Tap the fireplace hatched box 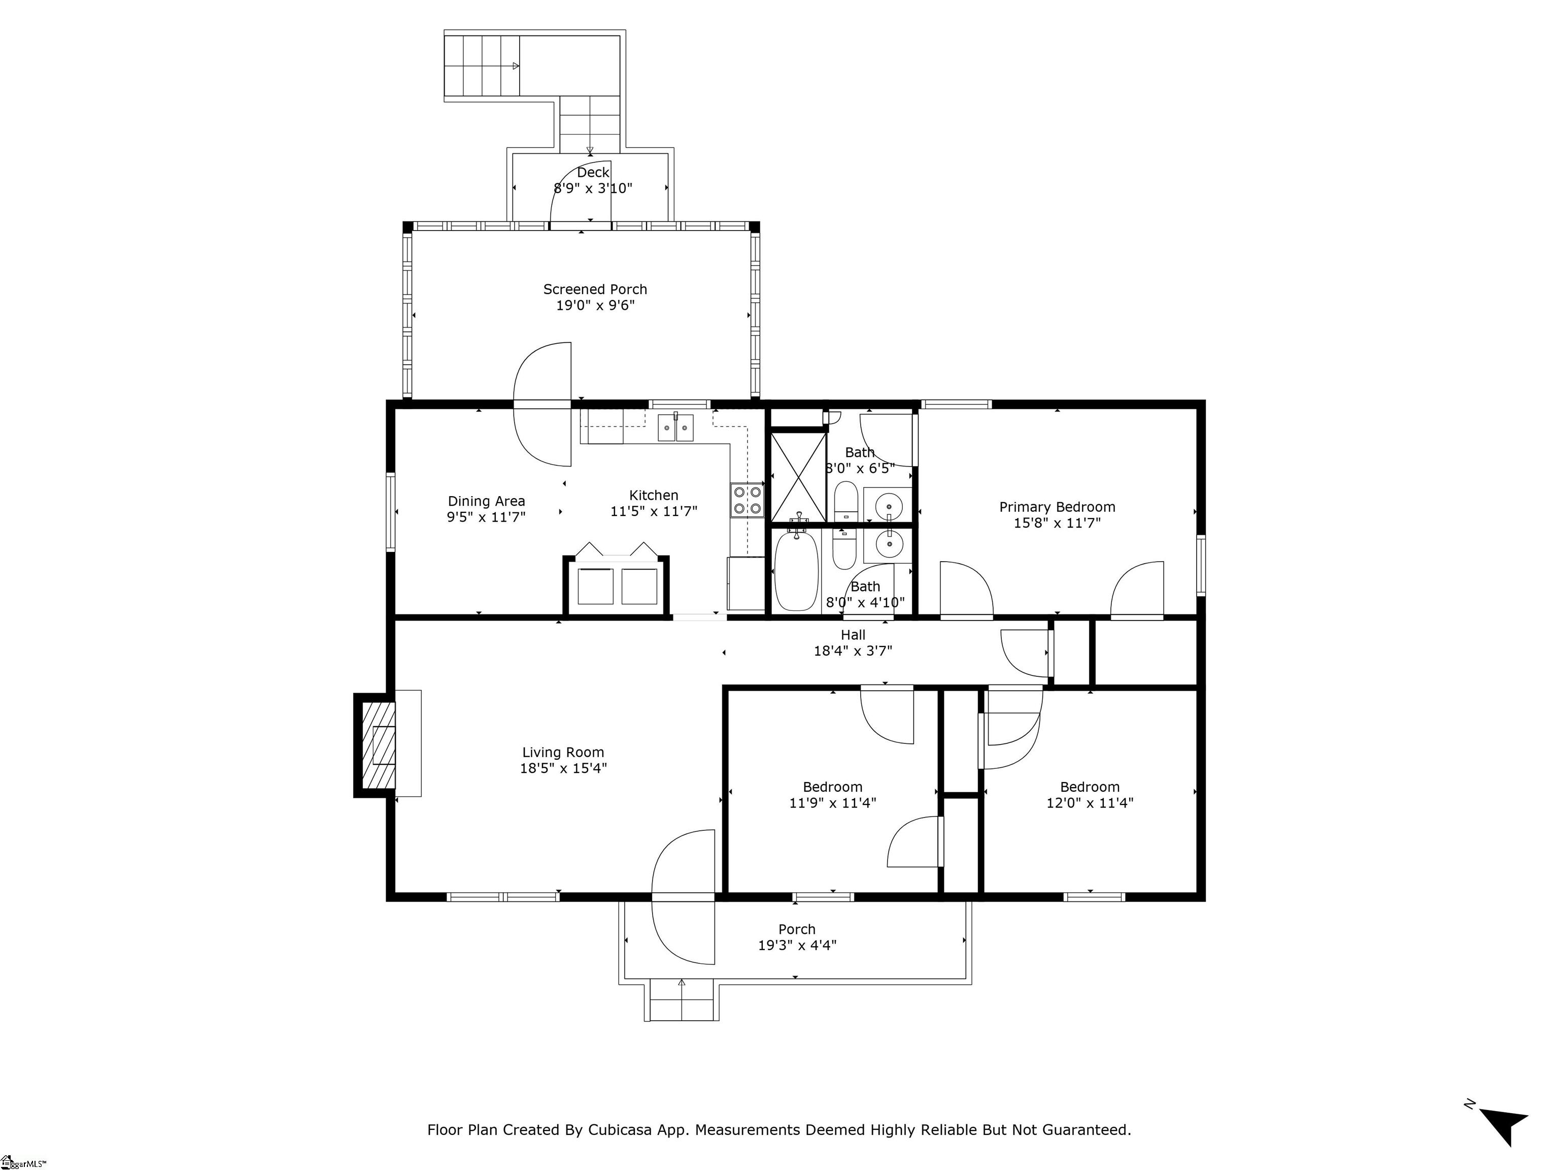tap(379, 745)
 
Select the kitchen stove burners tap(747, 499)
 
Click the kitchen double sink tap(675, 428)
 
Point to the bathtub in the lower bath tap(796, 571)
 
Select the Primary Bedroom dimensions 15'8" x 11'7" tap(1057, 523)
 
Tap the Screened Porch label tap(594, 289)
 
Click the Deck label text tap(592, 173)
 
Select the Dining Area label tap(486, 501)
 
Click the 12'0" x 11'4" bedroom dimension tap(1089, 802)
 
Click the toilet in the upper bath tap(845, 501)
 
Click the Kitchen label tap(653, 496)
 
